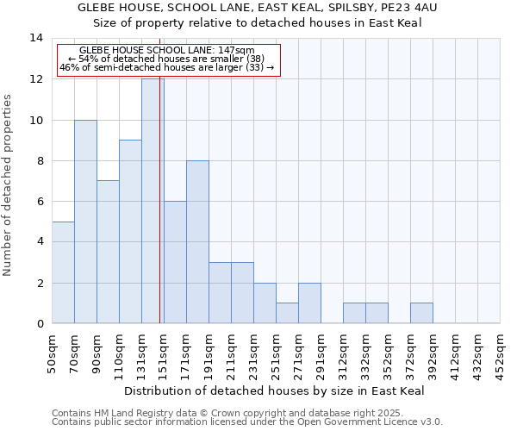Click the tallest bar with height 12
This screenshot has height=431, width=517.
pyautogui.click(x=153, y=201)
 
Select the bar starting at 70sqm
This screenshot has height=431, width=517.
pyautogui.click(x=85, y=222)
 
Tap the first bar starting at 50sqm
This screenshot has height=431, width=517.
pyautogui.click(x=63, y=272)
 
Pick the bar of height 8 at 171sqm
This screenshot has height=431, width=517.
pyautogui.click(x=197, y=242)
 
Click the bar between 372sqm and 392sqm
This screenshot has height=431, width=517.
pyautogui.click(x=421, y=313)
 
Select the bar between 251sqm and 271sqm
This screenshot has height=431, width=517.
pyautogui.click(x=287, y=313)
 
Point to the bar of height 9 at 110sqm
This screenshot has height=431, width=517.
pyautogui.click(x=130, y=232)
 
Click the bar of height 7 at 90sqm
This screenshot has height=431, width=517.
pyautogui.click(x=108, y=252)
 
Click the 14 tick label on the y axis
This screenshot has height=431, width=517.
pyautogui.click(x=36, y=38)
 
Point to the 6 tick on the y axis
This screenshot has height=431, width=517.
pyautogui.click(x=40, y=202)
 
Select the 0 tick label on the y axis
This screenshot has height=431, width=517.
pyautogui.click(x=40, y=323)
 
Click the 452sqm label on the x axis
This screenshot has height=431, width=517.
pyautogui.click(x=500, y=354)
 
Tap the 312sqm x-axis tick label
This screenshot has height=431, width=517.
pyautogui.click(x=343, y=354)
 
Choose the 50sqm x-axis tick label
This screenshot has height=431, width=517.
pyautogui.click(x=52, y=353)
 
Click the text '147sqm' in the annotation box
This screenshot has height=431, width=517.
pyautogui.click(x=236, y=51)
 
